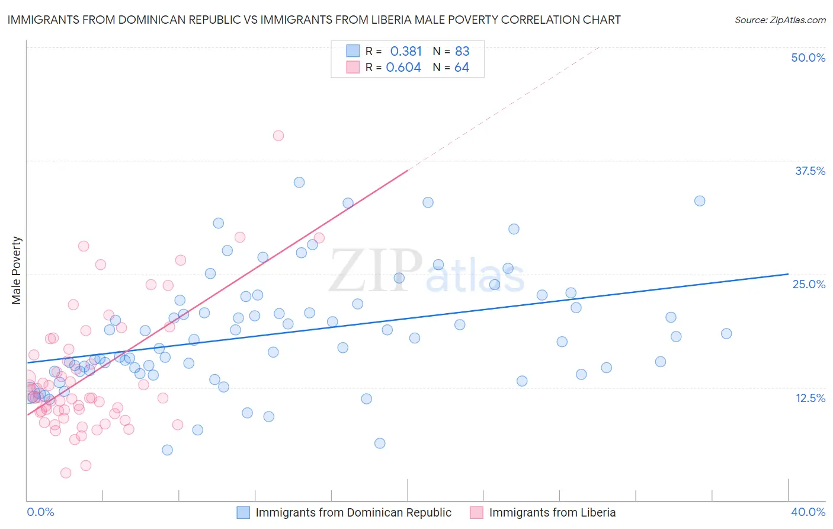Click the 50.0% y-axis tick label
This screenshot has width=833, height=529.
(x=808, y=58)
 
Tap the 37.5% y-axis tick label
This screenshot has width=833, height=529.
(x=810, y=171)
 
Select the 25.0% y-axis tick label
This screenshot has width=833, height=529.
(x=809, y=284)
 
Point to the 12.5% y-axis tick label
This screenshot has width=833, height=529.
(x=810, y=398)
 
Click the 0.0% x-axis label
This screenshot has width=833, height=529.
(x=40, y=512)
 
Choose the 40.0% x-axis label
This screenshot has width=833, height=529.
(x=808, y=512)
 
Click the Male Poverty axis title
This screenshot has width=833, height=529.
(x=17, y=270)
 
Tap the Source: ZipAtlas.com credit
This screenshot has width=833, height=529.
(x=780, y=20)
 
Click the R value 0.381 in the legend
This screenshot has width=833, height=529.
(x=406, y=51)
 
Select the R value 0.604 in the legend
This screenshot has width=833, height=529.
(x=403, y=68)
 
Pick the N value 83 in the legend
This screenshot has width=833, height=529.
(x=462, y=51)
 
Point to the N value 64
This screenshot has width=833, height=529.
(x=462, y=68)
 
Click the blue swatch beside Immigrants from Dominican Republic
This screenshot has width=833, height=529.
(x=244, y=512)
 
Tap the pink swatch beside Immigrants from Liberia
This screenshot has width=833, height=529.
(x=477, y=512)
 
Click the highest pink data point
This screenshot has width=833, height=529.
(x=278, y=136)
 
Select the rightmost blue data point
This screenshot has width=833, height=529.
(x=726, y=334)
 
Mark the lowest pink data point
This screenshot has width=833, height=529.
(x=66, y=473)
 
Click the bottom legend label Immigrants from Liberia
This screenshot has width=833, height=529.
(x=552, y=512)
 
